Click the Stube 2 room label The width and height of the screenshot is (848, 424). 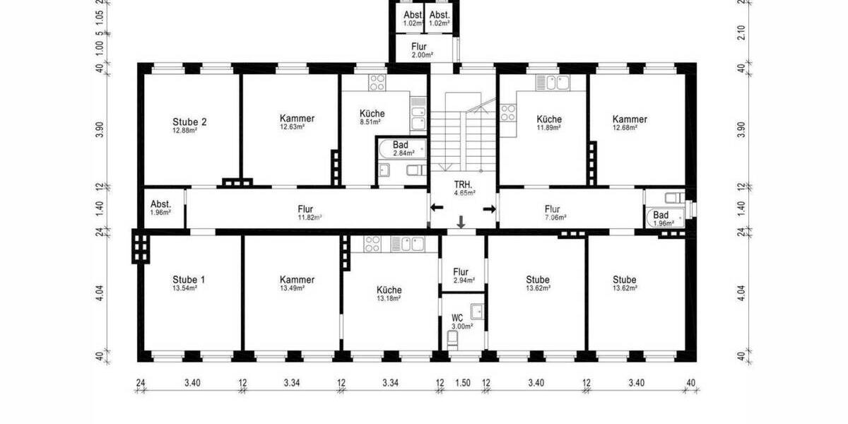click(189, 125)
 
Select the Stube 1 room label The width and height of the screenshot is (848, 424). click(189, 283)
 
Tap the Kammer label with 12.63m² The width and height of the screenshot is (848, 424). click(297, 122)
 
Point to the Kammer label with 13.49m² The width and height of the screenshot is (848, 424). click(297, 283)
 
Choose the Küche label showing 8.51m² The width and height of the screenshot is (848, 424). click(372, 117)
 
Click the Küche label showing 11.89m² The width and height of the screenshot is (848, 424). click(548, 122)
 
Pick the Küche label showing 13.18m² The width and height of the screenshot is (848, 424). click(389, 293)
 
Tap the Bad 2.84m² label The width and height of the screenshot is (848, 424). click(400, 148)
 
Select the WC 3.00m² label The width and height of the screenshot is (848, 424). click(458, 322)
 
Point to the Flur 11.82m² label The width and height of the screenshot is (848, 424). click(305, 213)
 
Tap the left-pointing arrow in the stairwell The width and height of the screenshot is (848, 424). click(437, 208)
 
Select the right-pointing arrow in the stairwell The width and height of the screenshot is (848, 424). click(488, 208)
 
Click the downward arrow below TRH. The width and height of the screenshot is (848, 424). click(461, 223)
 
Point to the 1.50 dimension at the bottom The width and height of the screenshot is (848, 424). click(463, 383)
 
